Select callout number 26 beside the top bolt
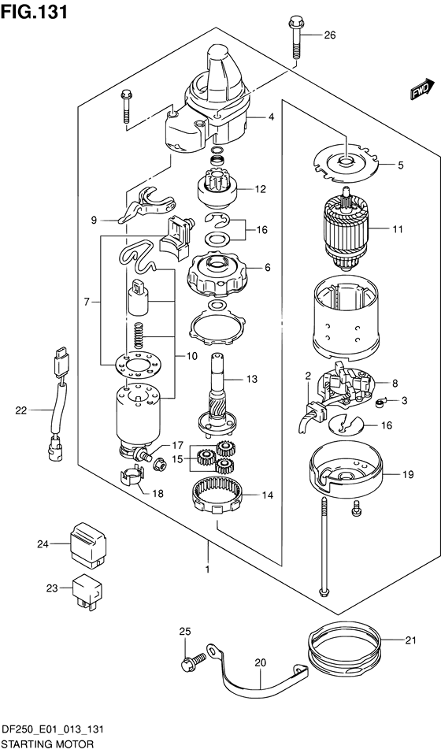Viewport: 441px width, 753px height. (329, 35)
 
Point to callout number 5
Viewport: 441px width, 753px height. (400, 165)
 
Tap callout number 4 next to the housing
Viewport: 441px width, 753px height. (270, 117)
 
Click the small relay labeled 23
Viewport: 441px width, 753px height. (86, 588)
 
